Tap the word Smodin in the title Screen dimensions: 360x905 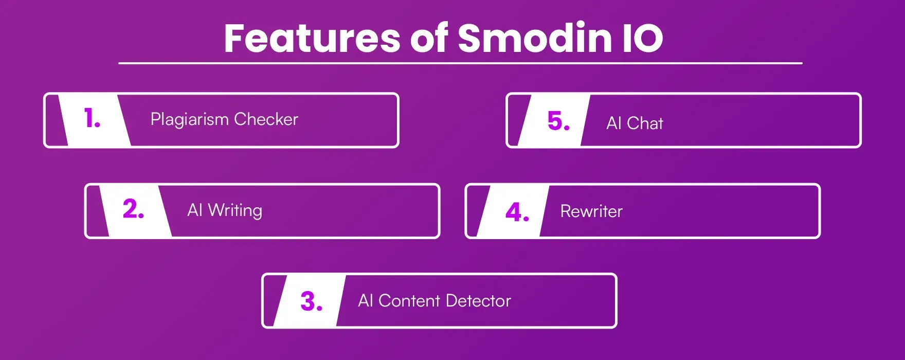click(534, 39)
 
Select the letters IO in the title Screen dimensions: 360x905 click(642, 39)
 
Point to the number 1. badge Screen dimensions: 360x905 click(93, 119)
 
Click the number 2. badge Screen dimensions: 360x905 click(134, 209)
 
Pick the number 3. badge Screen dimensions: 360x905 click(311, 301)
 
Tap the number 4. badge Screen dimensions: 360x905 click(517, 212)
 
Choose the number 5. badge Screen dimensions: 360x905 click(558, 121)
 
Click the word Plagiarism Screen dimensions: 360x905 click(189, 120)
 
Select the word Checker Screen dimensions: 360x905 click(266, 119)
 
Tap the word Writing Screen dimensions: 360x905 click(235, 210)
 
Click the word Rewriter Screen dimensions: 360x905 click(591, 211)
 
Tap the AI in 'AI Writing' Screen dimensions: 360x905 click(194, 210)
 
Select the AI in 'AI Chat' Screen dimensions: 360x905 click(613, 123)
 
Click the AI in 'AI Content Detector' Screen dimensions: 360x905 click(365, 301)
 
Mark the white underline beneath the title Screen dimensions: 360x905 click(460, 63)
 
